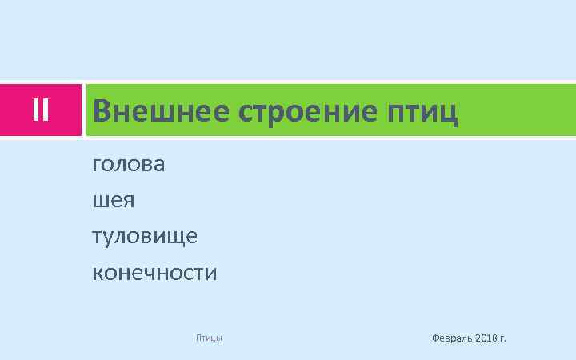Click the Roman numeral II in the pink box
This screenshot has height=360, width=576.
[42, 110]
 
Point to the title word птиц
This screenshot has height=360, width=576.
[422, 112]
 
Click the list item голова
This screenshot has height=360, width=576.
[129, 165]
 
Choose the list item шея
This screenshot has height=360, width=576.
[114, 201]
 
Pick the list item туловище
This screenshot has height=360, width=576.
[145, 237]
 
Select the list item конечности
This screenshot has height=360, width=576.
[154, 274]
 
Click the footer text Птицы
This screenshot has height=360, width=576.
[209, 338]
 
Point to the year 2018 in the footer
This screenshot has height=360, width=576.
[486, 338]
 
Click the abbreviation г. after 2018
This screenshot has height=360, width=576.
[503, 339]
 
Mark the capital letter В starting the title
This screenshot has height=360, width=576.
[102, 111]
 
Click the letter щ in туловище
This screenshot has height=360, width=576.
[176, 238]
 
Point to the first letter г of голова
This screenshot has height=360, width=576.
[98, 166]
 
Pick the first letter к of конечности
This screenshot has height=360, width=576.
[98, 274]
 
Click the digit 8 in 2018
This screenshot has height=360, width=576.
[493, 338]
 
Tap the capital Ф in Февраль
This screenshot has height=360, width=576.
[435, 338]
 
